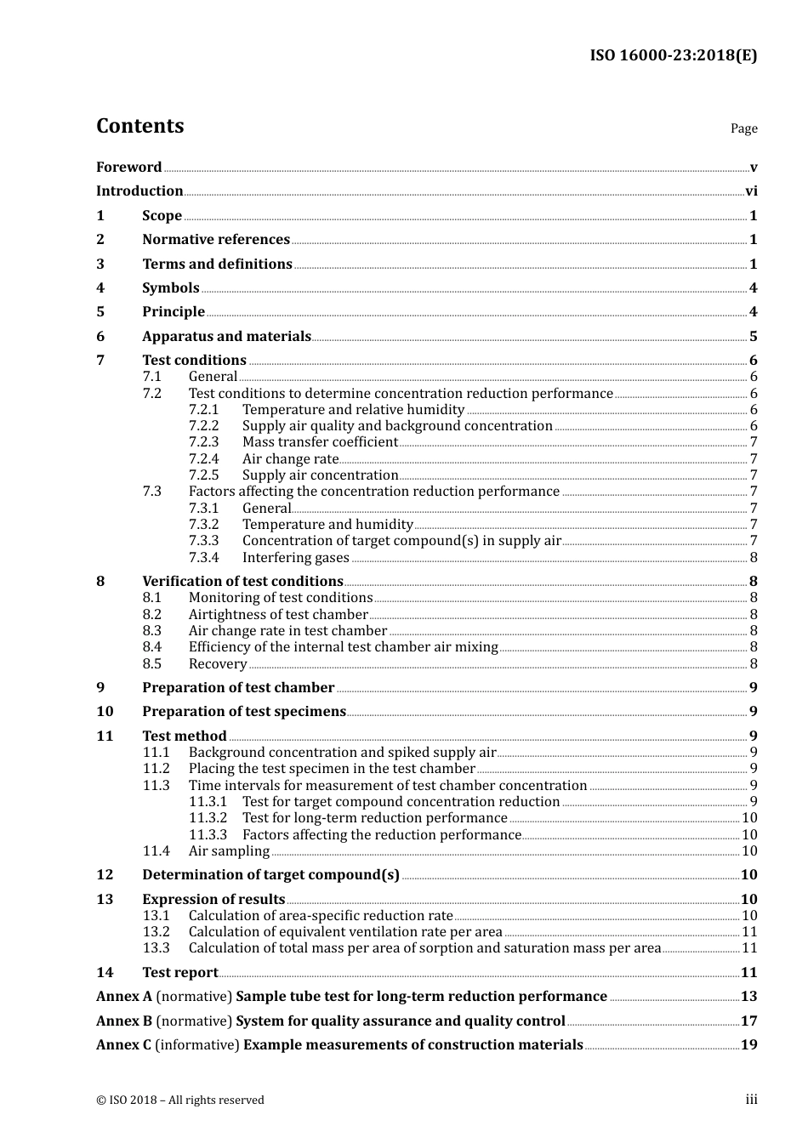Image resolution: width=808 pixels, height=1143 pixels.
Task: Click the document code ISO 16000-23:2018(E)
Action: (673, 56)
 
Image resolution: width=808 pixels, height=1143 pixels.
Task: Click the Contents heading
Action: (139, 126)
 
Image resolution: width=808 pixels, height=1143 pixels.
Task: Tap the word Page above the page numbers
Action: (743, 128)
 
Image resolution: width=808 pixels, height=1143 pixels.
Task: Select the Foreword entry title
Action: (128, 168)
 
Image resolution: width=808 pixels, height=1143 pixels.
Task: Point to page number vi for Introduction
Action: (751, 191)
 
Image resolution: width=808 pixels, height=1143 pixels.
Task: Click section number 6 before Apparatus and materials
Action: (100, 337)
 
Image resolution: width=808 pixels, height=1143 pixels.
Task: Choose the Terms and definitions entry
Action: (217, 264)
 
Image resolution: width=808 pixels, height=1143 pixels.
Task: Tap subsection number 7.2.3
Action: (203, 442)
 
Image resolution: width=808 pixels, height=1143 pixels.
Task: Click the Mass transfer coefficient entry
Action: (320, 442)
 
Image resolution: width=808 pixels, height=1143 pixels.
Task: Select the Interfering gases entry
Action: (295, 558)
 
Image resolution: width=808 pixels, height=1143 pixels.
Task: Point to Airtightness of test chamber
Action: (278, 615)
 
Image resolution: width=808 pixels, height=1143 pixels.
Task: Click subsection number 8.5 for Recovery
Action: (151, 664)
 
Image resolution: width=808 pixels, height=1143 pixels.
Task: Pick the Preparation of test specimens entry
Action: (244, 712)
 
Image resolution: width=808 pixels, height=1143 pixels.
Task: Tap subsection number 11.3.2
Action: (208, 818)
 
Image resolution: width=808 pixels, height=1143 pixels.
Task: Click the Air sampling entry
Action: (229, 851)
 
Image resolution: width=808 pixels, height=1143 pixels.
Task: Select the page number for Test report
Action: (748, 973)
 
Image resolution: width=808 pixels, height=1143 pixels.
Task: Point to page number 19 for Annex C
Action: (748, 1045)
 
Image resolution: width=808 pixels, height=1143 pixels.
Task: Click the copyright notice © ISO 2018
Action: (179, 1100)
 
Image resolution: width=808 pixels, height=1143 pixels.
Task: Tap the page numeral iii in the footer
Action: (751, 1100)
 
